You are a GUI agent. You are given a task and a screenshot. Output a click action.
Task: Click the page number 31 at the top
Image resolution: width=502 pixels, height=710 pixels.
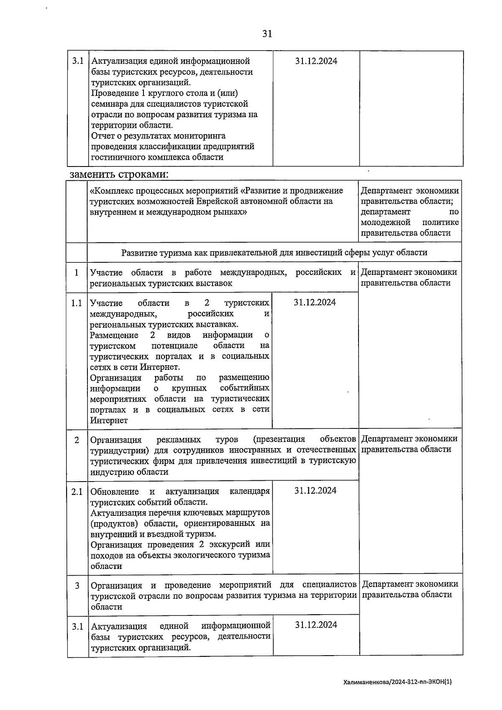pyautogui.click(x=267, y=34)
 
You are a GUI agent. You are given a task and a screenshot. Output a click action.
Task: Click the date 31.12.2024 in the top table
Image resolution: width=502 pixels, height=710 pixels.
pyautogui.click(x=316, y=61)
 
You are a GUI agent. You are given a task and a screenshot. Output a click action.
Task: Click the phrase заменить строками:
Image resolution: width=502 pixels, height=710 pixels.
pyautogui.click(x=119, y=174)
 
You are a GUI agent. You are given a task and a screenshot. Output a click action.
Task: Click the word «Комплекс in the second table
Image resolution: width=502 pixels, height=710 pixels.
pyautogui.click(x=110, y=191)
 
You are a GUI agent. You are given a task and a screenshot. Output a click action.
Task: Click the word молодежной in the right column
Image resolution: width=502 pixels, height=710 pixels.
pyautogui.click(x=385, y=223)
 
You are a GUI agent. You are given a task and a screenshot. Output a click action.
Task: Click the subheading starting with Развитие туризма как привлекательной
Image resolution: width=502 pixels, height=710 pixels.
pyautogui.click(x=274, y=253)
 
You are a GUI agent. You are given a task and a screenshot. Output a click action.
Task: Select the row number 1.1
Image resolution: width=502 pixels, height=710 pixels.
pyautogui.click(x=77, y=303)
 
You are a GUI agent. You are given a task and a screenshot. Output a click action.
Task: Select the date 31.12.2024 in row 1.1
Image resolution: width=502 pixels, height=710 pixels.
pyautogui.click(x=315, y=302)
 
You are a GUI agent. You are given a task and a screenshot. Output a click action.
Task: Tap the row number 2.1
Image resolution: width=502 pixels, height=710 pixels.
pyautogui.click(x=77, y=492)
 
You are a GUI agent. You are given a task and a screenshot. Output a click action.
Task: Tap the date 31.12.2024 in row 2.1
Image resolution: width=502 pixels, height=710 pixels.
pyautogui.click(x=315, y=491)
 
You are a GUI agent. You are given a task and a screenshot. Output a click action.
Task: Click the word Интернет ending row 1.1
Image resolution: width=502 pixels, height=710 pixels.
pyautogui.click(x=109, y=420)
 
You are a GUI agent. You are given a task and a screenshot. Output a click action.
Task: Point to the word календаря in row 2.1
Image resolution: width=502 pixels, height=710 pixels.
pyautogui.click(x=250, y=492)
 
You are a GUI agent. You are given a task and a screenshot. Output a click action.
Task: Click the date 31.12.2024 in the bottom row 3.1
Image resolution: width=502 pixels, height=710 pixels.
pyautogui.click(x=316, y=625)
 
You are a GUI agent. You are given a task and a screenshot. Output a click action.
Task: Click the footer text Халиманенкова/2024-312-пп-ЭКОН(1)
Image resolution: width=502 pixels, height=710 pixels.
pyautogui.click(x=397, y=682)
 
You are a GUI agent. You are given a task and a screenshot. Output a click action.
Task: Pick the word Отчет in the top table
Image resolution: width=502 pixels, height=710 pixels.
pyautogui.click(x=102, y=136)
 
